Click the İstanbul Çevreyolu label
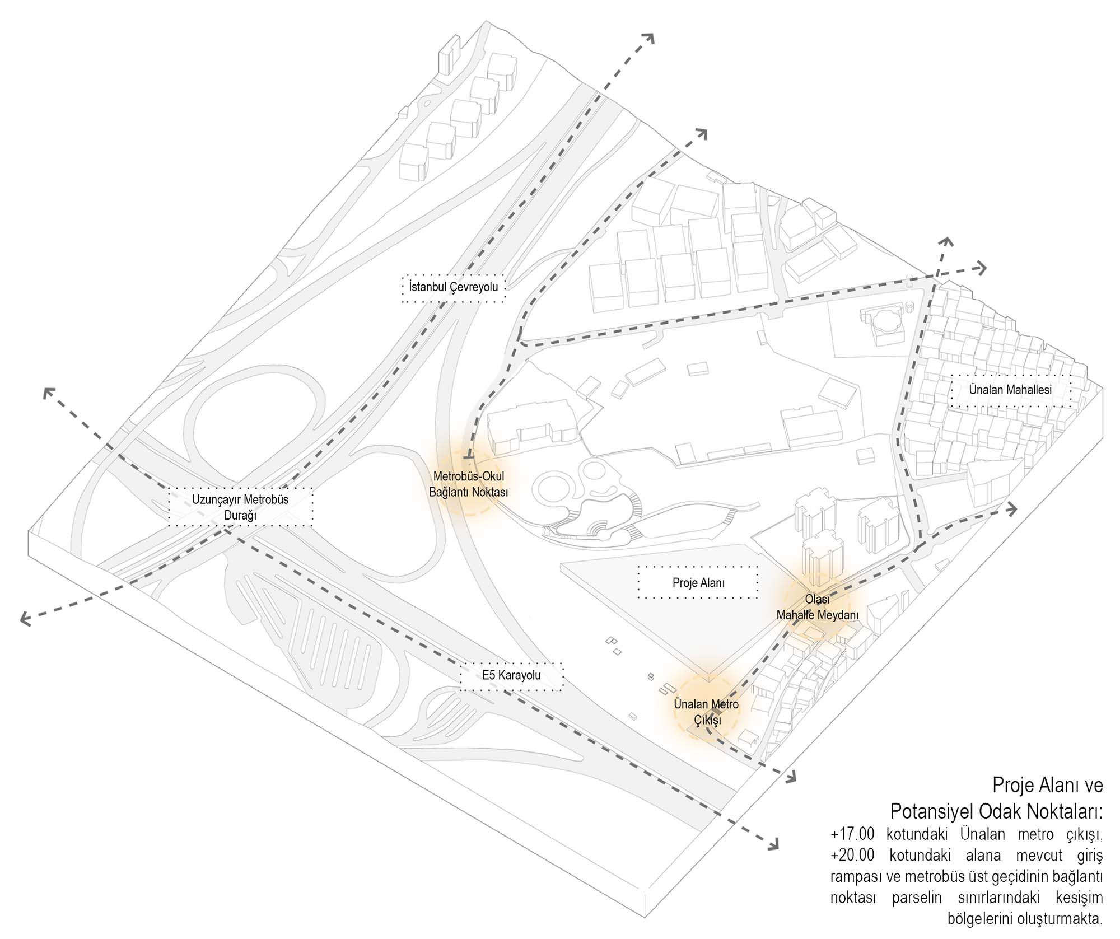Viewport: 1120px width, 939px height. pos(453,288)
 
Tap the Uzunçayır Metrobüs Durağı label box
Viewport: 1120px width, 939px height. pos(240,507)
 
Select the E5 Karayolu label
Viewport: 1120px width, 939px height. pos(511,675)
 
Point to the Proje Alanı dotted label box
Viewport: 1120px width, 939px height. pos(698,583)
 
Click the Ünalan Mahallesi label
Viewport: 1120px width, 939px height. pos(1010,390)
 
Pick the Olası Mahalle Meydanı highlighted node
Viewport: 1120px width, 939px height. pos(817,607)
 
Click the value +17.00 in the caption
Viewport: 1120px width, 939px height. pos(852,834)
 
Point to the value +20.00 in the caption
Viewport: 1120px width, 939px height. pos(852,856)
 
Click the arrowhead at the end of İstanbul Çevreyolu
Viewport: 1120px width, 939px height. pos(649,38)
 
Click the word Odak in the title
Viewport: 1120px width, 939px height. pos(1002,811)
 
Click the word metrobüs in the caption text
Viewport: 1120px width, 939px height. pos(923,877)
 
